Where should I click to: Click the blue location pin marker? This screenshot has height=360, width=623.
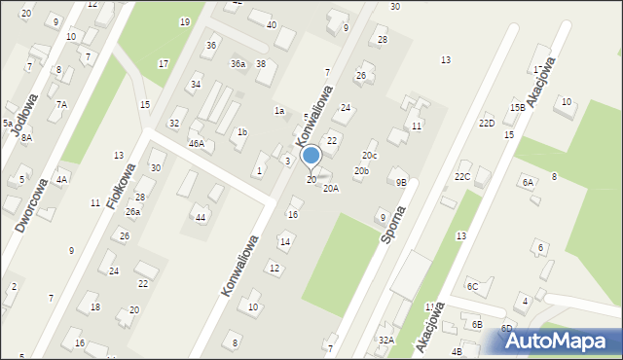point(311,156)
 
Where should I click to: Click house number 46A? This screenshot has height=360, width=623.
point(197,143)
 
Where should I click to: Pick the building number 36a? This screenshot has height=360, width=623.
point(238,63)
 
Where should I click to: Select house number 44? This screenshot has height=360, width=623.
point(201,217)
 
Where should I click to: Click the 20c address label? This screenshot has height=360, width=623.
point(369,155)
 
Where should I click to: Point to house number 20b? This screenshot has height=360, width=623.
point(361,171)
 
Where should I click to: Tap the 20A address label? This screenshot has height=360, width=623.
point(331,188)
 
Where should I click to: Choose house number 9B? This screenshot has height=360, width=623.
point(401,182)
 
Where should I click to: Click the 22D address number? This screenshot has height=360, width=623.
point(486,124)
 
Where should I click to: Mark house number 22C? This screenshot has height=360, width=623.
point(462,176)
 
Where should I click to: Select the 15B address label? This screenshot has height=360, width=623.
point(517,107)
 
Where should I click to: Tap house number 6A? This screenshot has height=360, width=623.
point(528,182)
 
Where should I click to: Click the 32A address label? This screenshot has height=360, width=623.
point(386,340)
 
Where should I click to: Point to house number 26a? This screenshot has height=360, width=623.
point(132,211)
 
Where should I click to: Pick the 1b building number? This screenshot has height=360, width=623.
point(242,131)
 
